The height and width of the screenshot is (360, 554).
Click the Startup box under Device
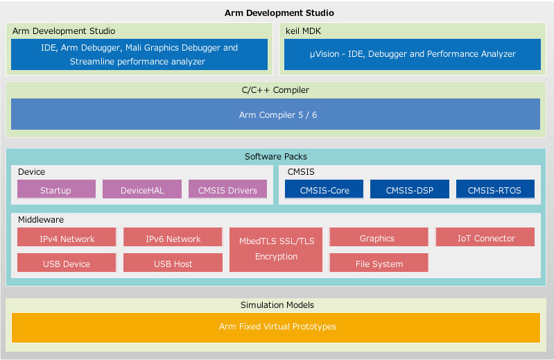pyautogui.click(x=55, y=189)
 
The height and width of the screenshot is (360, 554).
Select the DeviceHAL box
pyautogui.click(x=142, y=189)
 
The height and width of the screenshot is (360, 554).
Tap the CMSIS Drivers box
pyautogui.click(x=227, y=189)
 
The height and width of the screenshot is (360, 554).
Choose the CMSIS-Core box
pyautogui.click(x=324, y=189)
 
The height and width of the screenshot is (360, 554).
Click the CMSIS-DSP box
pyautogui.click(x=409, y=189)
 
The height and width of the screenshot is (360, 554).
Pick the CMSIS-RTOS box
pyautogui.click(x=495, y=189)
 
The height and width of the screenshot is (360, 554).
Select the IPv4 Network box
pyautogui.click(x=67, y=238)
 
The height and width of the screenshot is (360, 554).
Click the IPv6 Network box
pyautogui.click(x=173, y=238)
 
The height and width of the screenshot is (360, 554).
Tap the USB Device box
pyautogui.click(x=67, y=263)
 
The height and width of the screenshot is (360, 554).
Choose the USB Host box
pyautogui.click(x=173, y=263)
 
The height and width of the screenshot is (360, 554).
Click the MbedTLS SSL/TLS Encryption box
pyautogui.click(x=276, y=249)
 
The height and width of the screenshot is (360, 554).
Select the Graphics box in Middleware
pyautogui.click(x=377, y=237)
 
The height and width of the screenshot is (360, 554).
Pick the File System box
pyautogui.click(x=379, y=263)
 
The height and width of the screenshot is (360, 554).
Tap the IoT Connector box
pyautogui.click(x=485, y=237)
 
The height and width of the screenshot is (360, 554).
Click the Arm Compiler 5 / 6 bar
pyautogui.click(x=276, y=114)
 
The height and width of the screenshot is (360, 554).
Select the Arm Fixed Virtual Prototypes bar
pyautogui.click(x=276, y=327)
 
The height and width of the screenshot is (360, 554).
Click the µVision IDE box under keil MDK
pyautogui.click(x=412, y=54)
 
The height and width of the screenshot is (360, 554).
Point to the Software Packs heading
pyautogui.click(x=276, y=156)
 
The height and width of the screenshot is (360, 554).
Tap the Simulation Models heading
pyautogui.click(x=277, y=305)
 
